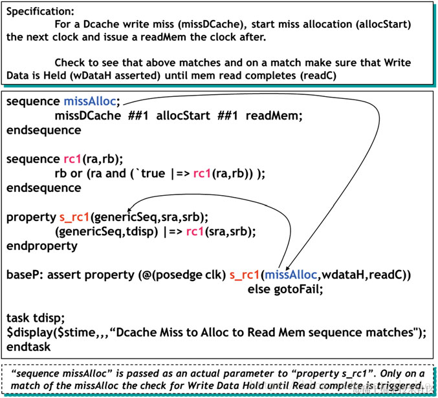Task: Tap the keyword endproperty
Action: [x=41, y=246]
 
